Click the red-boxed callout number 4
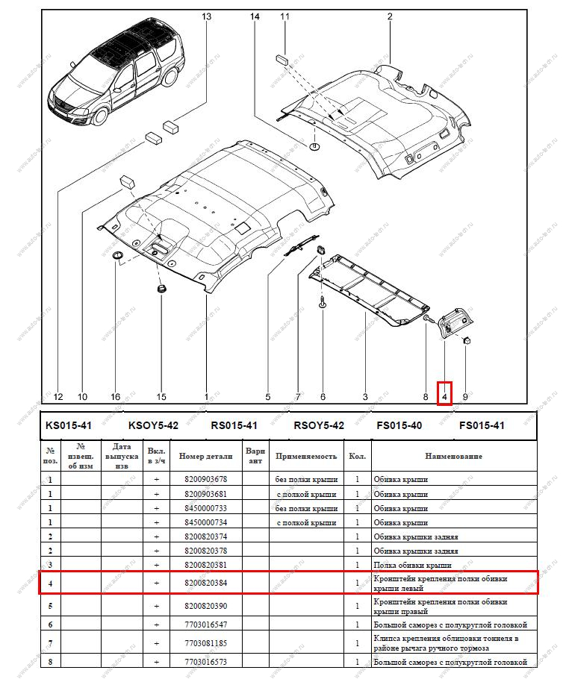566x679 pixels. pos(444,397)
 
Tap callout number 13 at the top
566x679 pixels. pos(207,16)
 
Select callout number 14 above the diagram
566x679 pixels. pos(255,16)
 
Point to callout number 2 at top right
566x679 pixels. pos(390,16)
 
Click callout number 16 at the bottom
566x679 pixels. pos(115,397)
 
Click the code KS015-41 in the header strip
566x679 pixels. pos(69,426)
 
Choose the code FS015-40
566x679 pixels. pos(399,426)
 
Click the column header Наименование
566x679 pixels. pos(453,456)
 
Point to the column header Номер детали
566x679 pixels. pos(205,456)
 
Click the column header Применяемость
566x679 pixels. pos(306,456)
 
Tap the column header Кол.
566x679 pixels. pos(357,456)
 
